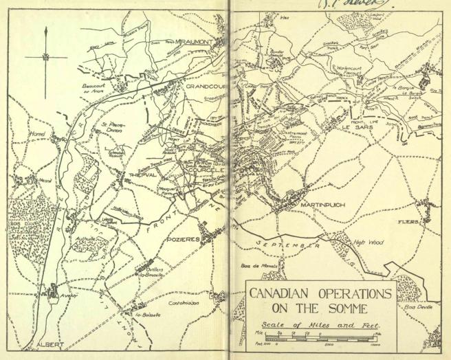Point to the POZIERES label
coord(183,238)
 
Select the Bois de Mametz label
coord(256,265)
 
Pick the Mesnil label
coord(25,181)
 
